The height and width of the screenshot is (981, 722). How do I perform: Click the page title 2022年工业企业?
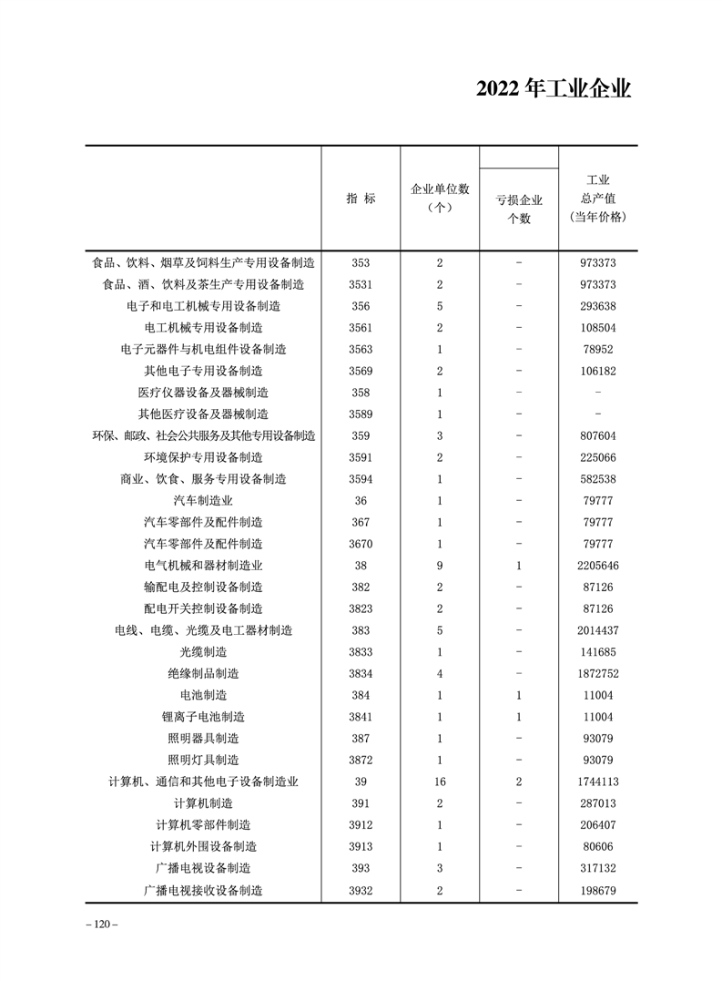point(554,89)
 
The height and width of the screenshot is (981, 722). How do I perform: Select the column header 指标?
point(361,199)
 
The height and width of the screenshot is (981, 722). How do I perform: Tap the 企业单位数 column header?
point(440,198)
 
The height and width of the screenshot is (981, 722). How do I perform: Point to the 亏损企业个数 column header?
point(519,209)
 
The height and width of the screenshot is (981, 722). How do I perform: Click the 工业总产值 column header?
point(597,199)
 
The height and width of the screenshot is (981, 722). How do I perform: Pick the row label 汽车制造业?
point(203,500)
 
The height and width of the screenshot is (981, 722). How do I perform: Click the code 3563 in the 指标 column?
point(361,349)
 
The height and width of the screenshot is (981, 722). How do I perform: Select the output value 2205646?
point(597,565)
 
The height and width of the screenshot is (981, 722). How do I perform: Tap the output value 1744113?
point(597,781)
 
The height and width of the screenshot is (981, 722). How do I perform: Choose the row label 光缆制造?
point(203,651)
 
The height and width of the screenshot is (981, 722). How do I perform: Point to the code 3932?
point(361,889)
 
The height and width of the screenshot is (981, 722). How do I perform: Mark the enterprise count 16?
point(440,781)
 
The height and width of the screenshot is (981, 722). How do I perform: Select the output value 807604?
point(597,435)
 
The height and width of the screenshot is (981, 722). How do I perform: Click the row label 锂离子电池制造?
point(203,716)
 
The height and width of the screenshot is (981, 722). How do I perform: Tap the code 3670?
point(361,544)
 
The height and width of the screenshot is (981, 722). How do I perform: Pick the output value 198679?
point(597,889)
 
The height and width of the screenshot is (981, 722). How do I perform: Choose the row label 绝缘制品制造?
point(203,673)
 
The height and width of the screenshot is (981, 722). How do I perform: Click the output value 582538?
point(597,478)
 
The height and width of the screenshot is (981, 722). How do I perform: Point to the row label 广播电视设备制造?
point(203,867)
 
